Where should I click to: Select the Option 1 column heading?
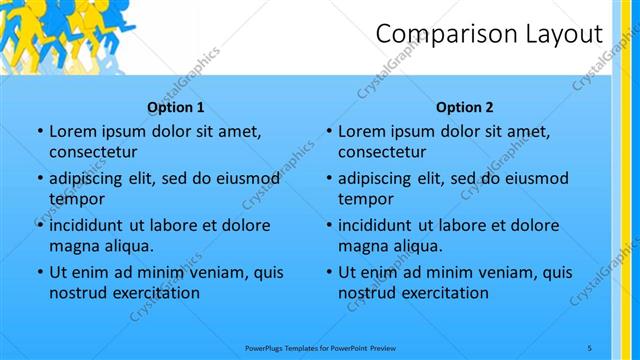pos(176,107)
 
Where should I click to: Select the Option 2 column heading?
pos(465,107)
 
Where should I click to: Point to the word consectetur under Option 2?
pos(382,153)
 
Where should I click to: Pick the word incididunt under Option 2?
pos(382,225)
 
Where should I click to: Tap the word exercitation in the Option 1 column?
pos(154,293)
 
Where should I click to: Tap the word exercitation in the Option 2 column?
pos(443,293)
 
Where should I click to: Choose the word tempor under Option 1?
pos(76,199)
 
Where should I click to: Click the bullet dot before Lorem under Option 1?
pos(39,132)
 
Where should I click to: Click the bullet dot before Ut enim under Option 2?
pos(328,272)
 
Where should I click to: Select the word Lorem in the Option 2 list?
pos(362,132)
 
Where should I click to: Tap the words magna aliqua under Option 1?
pos(101,246)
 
